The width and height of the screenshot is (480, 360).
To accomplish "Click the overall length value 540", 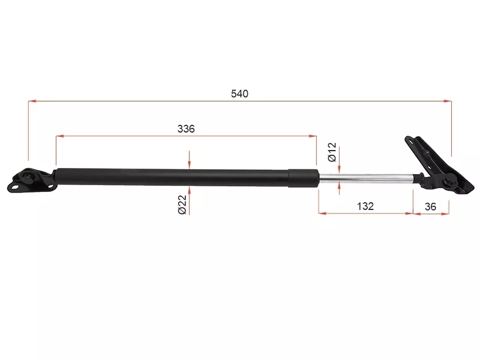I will (239, 94).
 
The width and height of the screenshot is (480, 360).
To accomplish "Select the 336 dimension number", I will (186, 129).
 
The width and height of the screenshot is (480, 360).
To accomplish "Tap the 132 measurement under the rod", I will (365, 206).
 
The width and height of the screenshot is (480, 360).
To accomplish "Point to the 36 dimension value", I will (430, 206).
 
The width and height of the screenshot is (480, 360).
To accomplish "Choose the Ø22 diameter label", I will (182, 205).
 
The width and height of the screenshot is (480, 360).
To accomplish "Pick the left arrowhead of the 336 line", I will (59, 137).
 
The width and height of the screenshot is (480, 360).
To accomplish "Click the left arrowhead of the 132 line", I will (322, 213).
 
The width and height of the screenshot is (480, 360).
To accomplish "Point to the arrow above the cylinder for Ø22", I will (189, 165).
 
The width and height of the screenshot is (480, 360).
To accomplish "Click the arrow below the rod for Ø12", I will (340, 186).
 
